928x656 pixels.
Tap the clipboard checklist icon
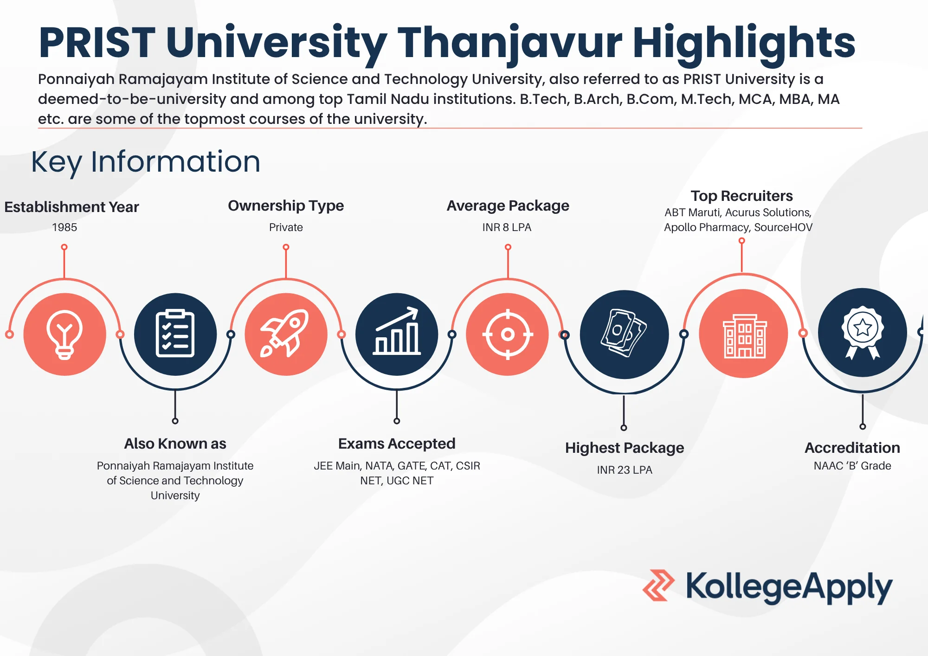click(x=175, y=333)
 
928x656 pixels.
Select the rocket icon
click(x=285, y=333)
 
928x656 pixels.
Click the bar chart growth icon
click(x=397, y=331)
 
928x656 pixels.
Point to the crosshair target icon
click(x=508, y=334)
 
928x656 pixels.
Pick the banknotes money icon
click(x=624, y=333)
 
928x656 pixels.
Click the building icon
click(x=745, y=336)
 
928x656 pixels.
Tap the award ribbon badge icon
click(x=863, y=332)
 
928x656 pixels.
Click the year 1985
click(x=64, y=227)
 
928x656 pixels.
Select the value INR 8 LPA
click(x=507, y=227)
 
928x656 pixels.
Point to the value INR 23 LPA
click(x=625, y=470)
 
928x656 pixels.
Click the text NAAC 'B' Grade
click(x=852, y=466)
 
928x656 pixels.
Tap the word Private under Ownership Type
click(x=286, y=227)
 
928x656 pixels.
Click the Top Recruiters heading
click(x=741, y=196)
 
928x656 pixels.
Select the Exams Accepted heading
click(x=397, y=444)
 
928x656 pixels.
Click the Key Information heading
click(x=146, y=162)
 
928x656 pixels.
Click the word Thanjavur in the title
click(x=509, y=43)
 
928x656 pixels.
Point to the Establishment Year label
click(x=71, y=207)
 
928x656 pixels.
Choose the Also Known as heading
click(x=175, y=444)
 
